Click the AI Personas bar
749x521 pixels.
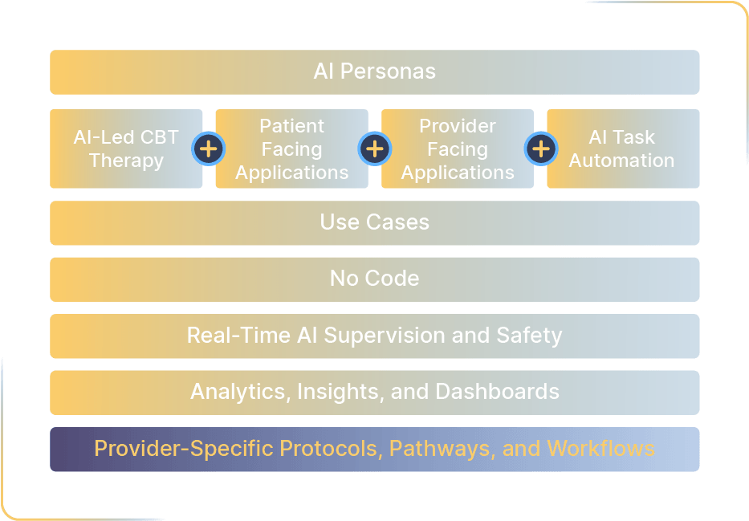pyautogui.click(x=374, y=71)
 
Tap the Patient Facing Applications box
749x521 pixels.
pyautogui.click(x=291, y=149)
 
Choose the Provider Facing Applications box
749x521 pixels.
pyautogui.click(x=458, y=149)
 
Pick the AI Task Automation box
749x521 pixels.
pyautogui.click(x=623, y=149)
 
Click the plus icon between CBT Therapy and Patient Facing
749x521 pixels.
pyautogui.click(x=209, y=149)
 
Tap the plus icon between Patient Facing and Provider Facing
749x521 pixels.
pyautogui.click(x=375, y=149)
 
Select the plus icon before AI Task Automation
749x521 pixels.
pyautogui.click(x=541, y=149)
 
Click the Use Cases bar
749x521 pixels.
pyautogui.click(x=374, y=222)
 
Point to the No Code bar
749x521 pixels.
pyautogui.click(x=374, y=279)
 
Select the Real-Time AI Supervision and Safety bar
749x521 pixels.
pyautogui.click(x=374, y=336)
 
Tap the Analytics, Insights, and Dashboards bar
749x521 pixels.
pyautogui.click(x=374, y=392)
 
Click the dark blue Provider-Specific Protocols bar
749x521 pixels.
pyautogui.click(x=374, y=449)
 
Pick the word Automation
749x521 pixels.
pyautogui.click(x=622, y=161)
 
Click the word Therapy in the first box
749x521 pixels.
pyautogui.click(x=126, y=161)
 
